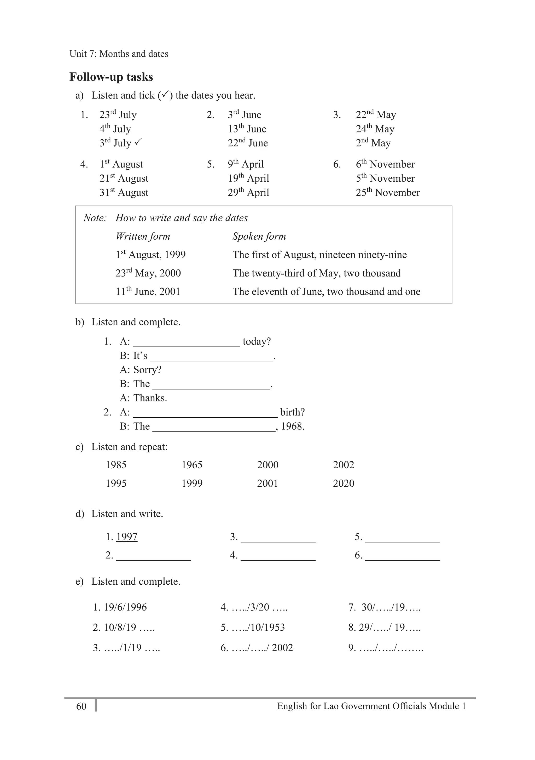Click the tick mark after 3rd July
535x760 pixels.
pyautogui.click(x=138, y=142)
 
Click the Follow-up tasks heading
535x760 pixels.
pyautogui.click(x=111, y=77)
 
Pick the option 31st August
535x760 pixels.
pyautogui.click(x=124, y=192)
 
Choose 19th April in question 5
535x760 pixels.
pyautogui.click(x=248, y=178)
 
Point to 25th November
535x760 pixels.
pyautogui.click(x=388, y=192)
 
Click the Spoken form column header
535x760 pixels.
pyautogui.click(x=259, y=236)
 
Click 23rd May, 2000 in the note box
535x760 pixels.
pyautogui.click(x=148, y=273)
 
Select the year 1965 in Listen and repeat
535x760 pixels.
pyautogui.click(x=192, y=465)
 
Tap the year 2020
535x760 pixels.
pyautogui.click(x=344, y=483)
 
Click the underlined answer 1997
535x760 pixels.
pyautogui.click(x=127, y=537)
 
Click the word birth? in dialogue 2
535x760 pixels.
pyautogui.click(x=292, y=412)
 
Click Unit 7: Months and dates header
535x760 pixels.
pyautogui.click(x=119, y=54)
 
